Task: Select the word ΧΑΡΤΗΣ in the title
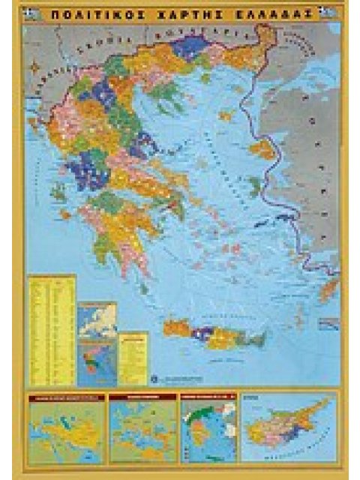click(178, 13)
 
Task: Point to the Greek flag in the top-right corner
click(325, 13)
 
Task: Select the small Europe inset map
click(98, 319)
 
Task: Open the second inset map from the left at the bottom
click(142, 428)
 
